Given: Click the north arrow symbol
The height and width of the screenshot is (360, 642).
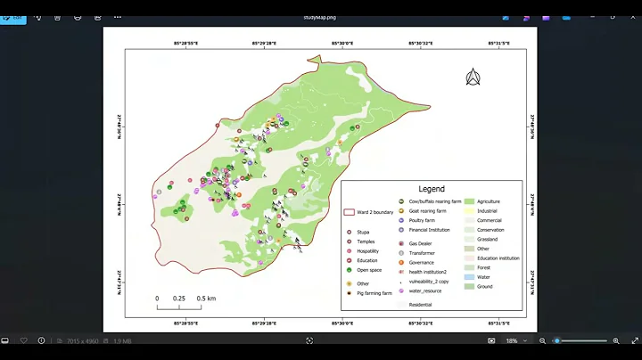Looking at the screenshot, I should click(x=473, y=78).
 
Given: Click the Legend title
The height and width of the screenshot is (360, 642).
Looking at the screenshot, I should click(x=432, y=189).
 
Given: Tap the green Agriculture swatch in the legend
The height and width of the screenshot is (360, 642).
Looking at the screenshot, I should click(x=468, y=201).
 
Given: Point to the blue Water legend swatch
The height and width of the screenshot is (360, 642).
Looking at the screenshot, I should click(x=468, y=277).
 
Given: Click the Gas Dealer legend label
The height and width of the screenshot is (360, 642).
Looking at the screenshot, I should click(x=422, y=243).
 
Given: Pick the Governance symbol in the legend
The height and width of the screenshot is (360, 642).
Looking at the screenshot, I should click(x=401, y=263).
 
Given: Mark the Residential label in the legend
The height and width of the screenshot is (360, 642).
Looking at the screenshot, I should click(x=420, y=305).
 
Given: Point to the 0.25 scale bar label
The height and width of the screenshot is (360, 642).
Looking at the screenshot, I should click(x=179, y=299).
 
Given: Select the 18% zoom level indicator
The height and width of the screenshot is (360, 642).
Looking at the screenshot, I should click(x=513, y=340).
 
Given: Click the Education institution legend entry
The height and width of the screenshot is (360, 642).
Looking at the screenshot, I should click(x=498, y=258).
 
